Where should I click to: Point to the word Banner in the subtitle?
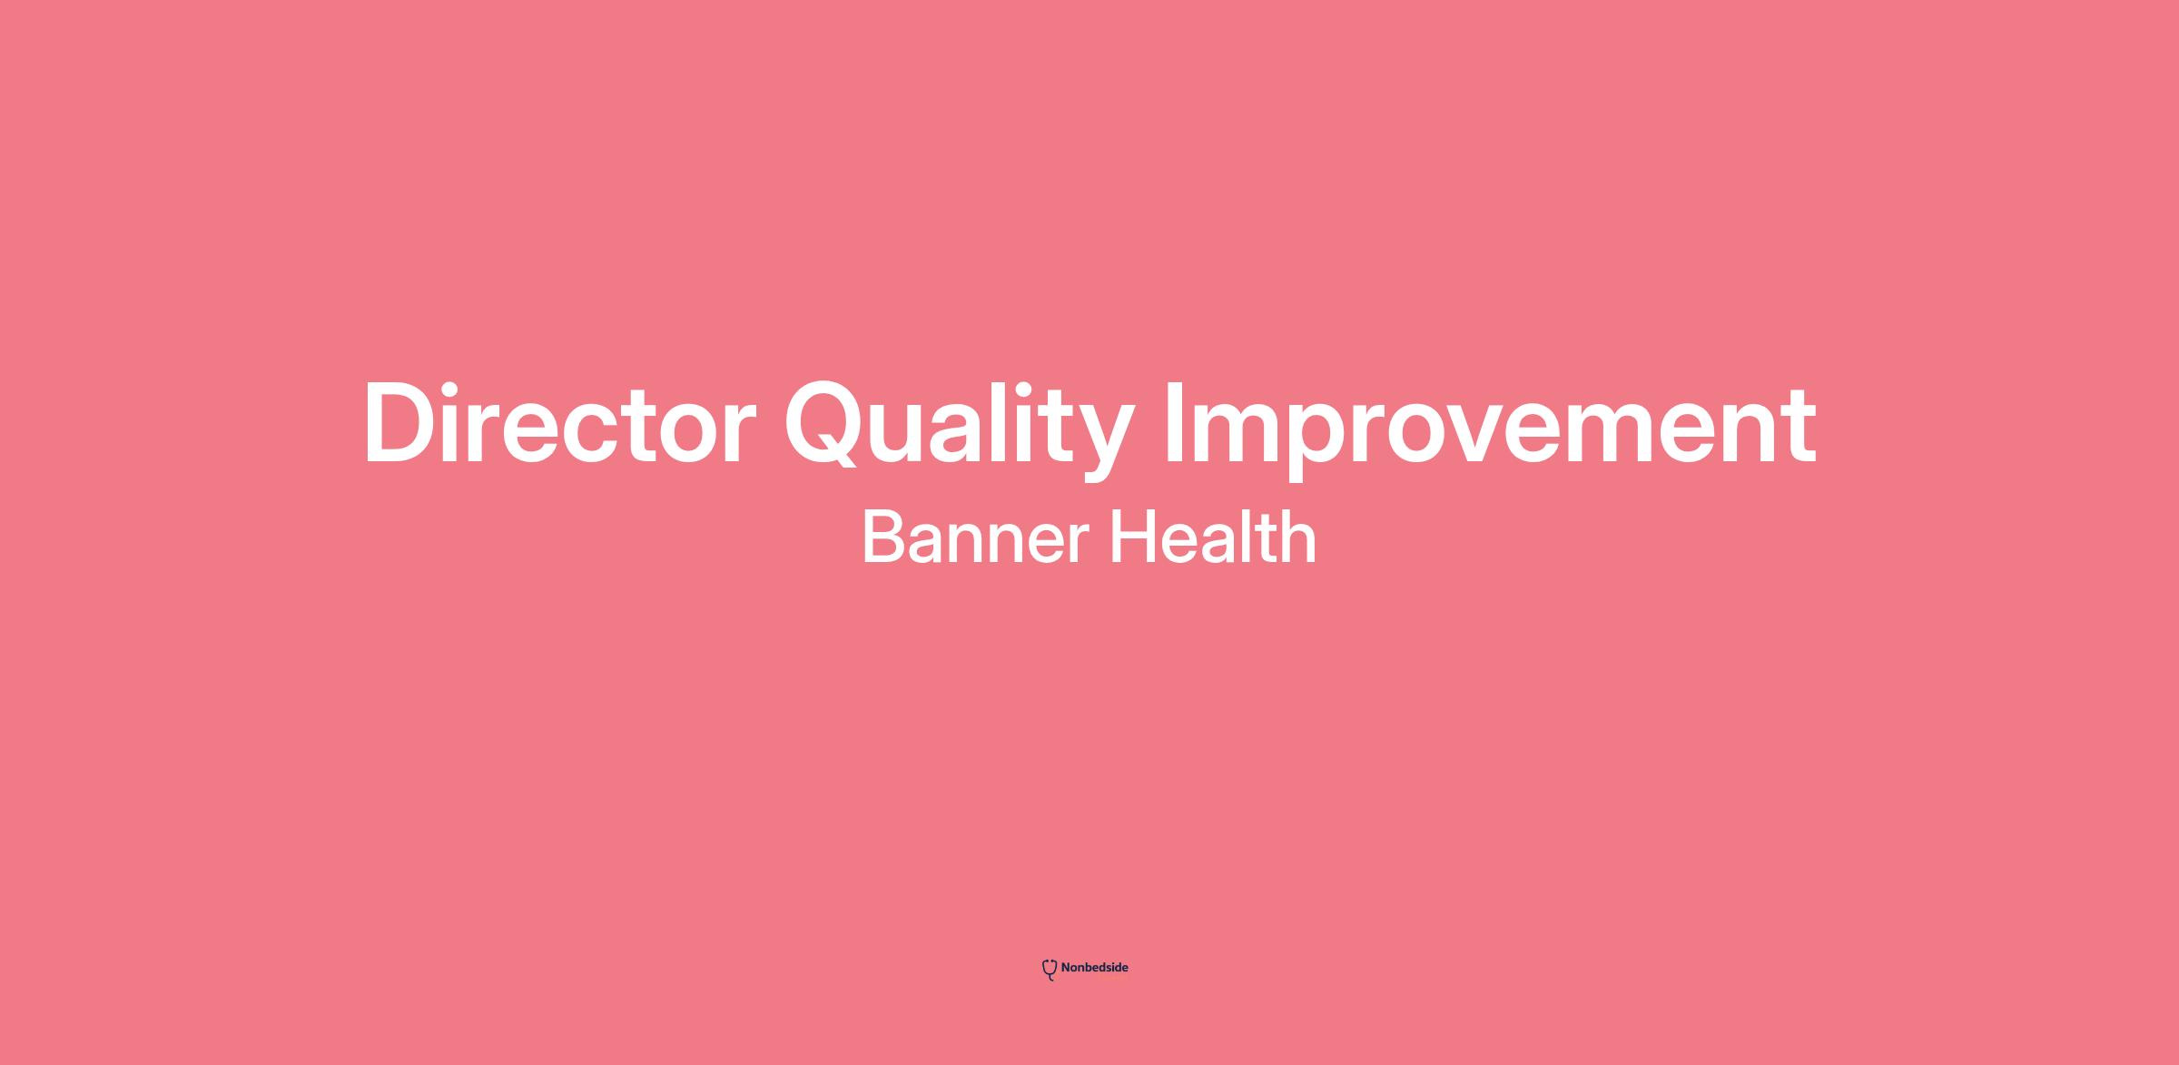tap(975, 537)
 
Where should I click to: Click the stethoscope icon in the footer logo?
tap(1050, 970)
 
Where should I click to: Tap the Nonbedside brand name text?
tap(1095, 968)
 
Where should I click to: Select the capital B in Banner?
tap(885, 537)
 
